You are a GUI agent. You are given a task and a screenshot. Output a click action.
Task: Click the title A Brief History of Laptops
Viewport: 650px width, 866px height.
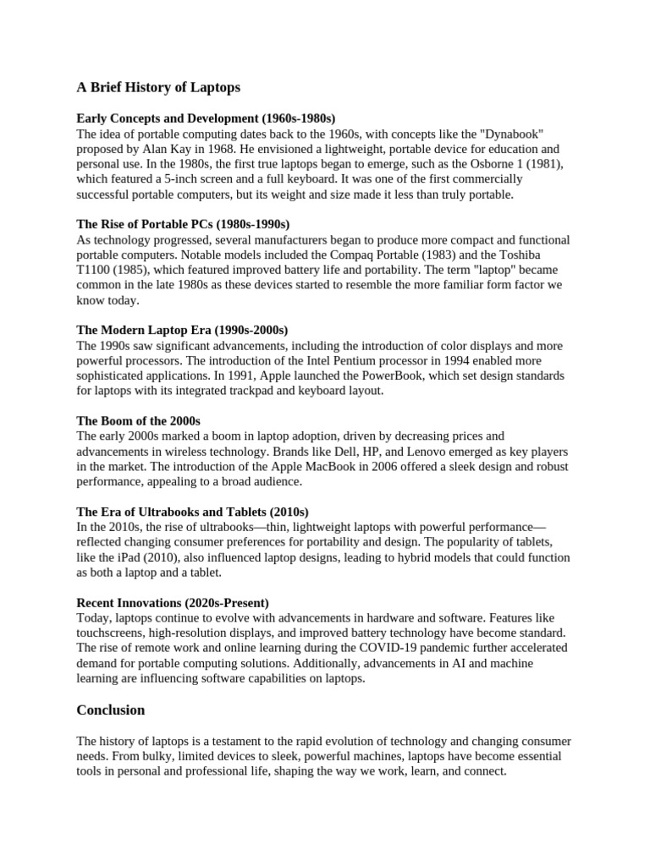click(158, 87)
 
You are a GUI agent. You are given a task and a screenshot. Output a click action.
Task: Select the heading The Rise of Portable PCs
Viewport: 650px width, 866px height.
click(183, 224)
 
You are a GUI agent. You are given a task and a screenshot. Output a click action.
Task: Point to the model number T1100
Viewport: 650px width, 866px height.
click(95, 270)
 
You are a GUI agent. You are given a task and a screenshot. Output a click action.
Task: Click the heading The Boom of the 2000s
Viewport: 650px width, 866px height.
click(138, 420)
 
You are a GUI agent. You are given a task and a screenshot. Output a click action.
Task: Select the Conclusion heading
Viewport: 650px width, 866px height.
click(110, 710)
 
